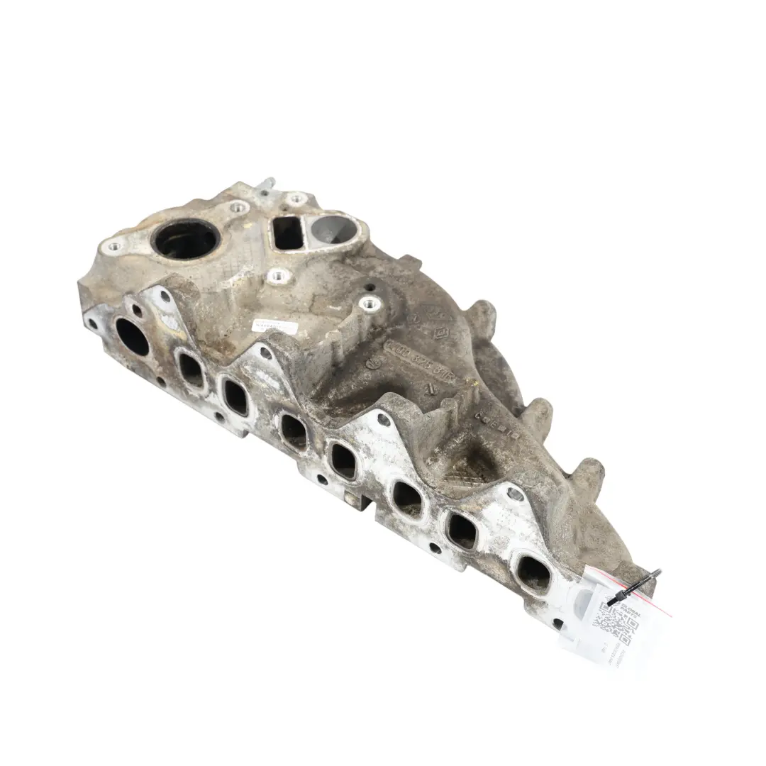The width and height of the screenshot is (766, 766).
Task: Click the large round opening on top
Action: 186,240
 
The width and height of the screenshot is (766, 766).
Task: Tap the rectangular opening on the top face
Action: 288,233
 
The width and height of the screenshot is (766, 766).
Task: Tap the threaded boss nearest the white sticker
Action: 277,276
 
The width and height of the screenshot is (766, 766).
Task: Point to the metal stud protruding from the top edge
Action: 266,187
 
